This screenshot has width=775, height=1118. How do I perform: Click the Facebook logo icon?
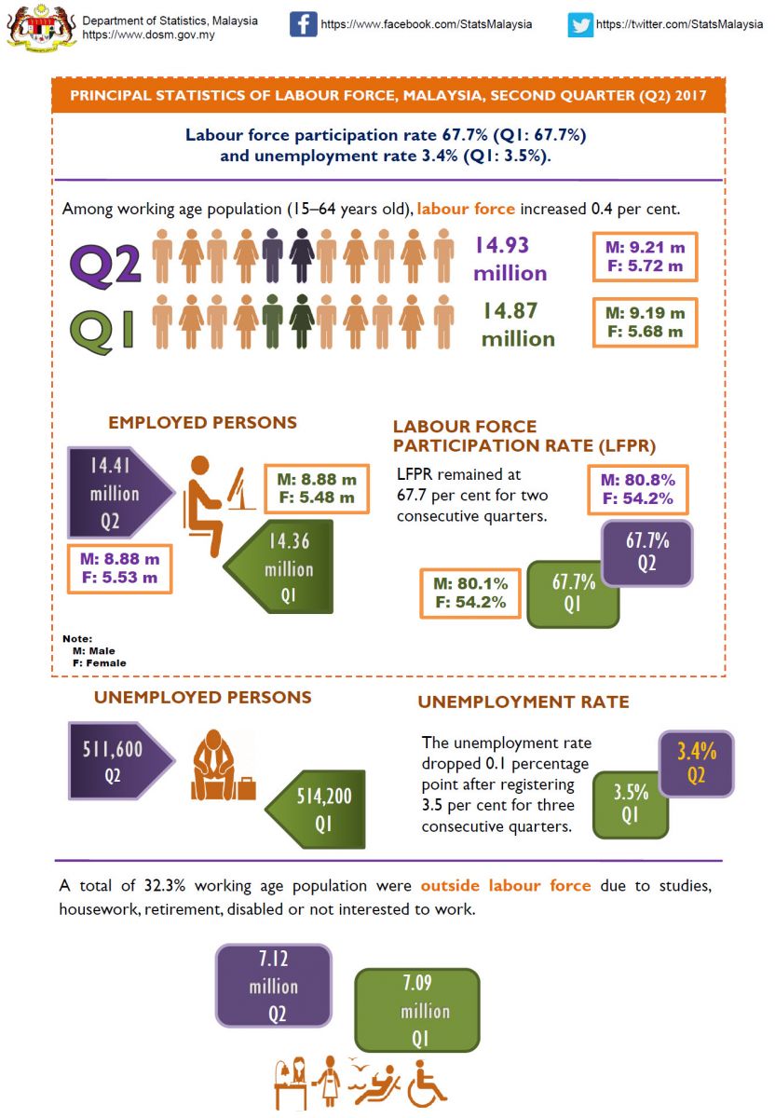coord(303,23)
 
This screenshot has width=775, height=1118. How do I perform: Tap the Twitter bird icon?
coord(580,24)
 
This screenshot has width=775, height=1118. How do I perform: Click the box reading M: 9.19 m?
coord(644,322)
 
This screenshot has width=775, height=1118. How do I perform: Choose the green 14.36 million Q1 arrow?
coord(285,569)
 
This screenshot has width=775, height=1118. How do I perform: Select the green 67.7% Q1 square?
coord(572,593)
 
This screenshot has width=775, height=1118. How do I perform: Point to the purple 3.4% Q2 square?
coord(696,763)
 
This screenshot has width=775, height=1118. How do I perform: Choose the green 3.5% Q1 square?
coord(630,805)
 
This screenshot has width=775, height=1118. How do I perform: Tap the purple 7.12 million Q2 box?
coord(274,987)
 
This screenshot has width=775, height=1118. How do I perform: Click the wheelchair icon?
coord(427,1082)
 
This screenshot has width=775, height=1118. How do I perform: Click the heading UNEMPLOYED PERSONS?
coord(202,698)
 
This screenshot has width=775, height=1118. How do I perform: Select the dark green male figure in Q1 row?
coord(272,318)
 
